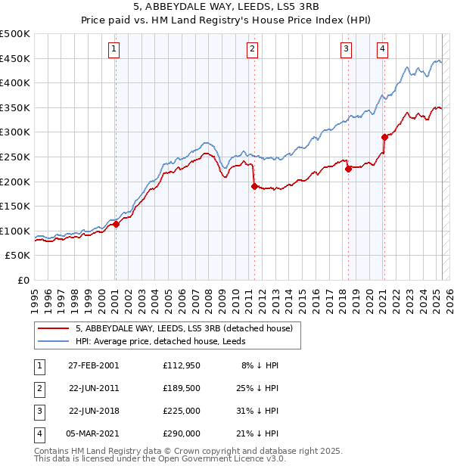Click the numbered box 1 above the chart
(113, 50)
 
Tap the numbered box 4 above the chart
(383, 50)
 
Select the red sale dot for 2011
(253, 186)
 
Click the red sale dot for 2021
(384, 137)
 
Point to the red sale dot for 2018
(348, 169)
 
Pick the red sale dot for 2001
(116, 224)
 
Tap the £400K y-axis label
(16, 82)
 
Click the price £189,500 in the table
(182, 390)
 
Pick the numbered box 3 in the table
(38, 412)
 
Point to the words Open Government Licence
(220, 458)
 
